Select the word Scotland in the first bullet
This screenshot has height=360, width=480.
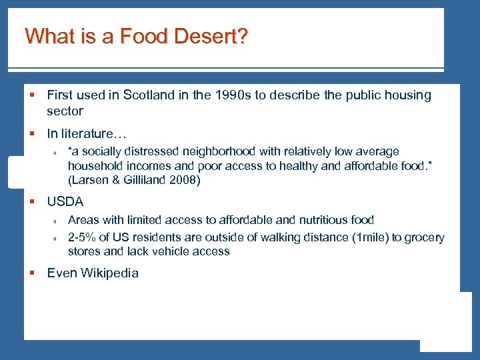click(148, 95)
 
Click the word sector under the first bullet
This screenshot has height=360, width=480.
click(65, 111)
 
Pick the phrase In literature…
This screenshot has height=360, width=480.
click(87, 136)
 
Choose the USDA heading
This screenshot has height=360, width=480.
click(65, 201)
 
